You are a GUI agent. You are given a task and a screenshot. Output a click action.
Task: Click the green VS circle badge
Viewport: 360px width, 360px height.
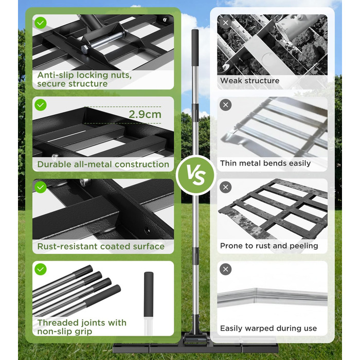click(x=196, y=175)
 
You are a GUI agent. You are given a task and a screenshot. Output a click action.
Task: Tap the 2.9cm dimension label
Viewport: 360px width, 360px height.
click(x=145, y=114)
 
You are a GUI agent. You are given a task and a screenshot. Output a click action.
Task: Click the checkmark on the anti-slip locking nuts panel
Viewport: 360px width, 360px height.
click(x=41, y=23)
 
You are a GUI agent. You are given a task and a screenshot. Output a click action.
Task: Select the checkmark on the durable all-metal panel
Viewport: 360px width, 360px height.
click(x=41, y=105)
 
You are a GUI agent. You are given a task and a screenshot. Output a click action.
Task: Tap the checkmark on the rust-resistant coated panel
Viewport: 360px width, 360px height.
click(x=41, y=187)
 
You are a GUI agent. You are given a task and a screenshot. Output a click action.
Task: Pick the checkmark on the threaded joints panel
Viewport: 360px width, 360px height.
click(x=41, y=269)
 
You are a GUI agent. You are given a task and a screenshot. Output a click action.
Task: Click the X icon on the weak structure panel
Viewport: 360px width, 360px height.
click(x=225, y=23)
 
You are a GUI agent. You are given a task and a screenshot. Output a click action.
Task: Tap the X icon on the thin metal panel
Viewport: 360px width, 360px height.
click(x=225, y=105)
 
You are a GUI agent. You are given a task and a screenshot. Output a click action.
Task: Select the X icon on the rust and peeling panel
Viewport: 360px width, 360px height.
click(x=225, y=187)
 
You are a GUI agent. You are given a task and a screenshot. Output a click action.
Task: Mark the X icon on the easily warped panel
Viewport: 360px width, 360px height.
click(x=225, y=269)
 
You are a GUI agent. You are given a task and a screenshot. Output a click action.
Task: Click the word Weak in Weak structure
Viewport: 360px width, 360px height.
click(x=231, y=81)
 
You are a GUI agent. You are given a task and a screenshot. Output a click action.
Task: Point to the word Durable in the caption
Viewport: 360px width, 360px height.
click(x=53, y=165)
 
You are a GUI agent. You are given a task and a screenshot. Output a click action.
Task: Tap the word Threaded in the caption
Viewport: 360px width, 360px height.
click(x=53, y=323)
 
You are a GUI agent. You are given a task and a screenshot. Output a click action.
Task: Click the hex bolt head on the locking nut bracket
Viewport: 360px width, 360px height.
click(x=84, y=49)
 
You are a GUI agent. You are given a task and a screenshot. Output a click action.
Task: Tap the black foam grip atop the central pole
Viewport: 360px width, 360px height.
click(x=195, y=48)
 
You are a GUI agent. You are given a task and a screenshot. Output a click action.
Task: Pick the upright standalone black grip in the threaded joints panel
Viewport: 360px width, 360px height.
click(x=149, y=294)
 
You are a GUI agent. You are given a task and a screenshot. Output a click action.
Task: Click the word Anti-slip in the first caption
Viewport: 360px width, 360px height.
click(x=56, y=75)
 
